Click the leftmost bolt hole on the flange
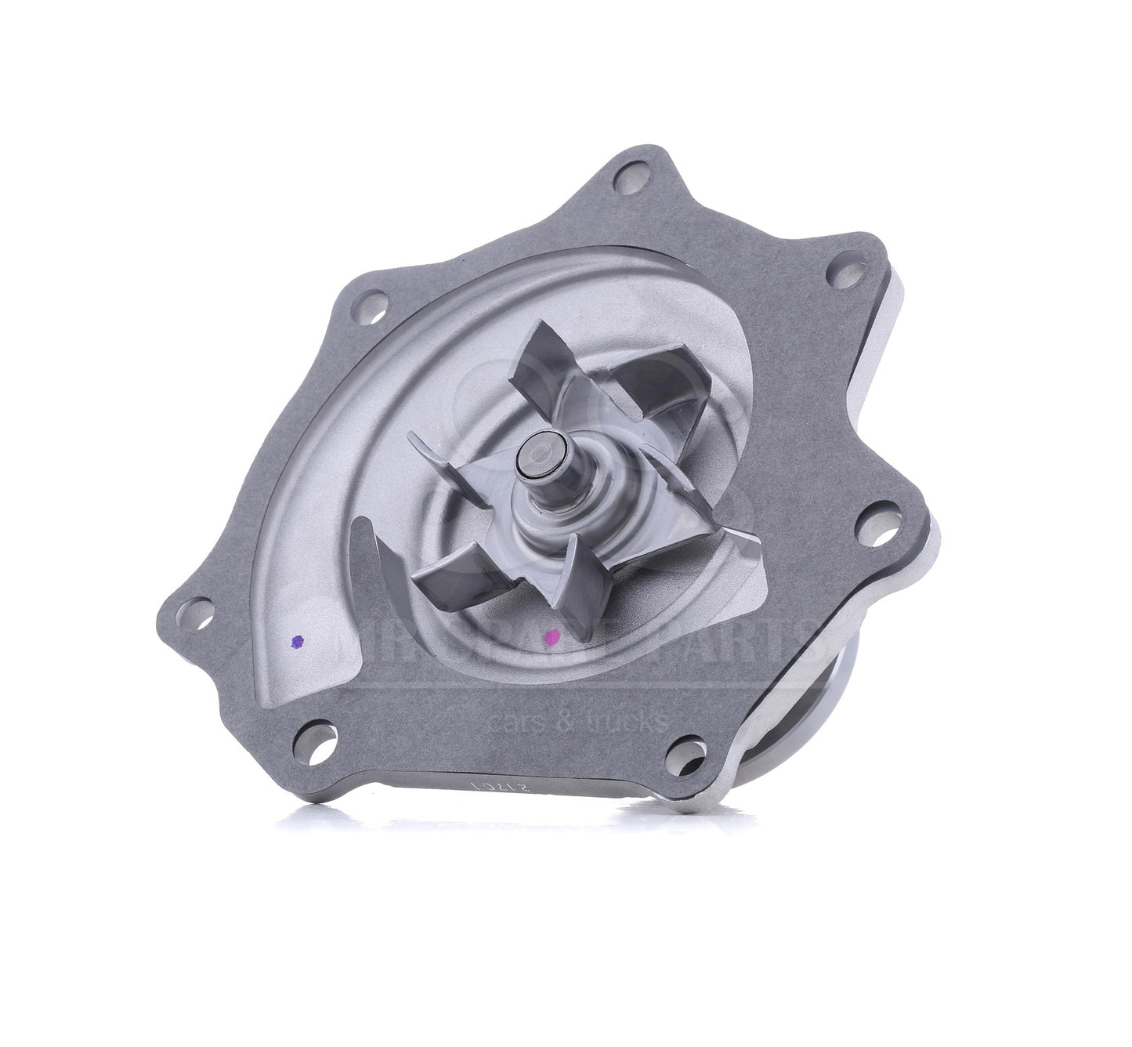198,610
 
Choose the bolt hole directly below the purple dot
321,741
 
